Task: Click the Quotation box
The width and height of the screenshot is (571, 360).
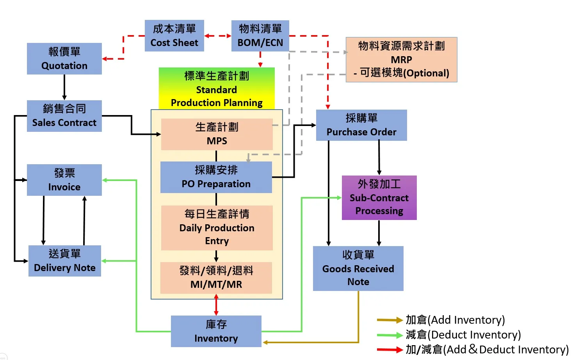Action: click(x=64, y=59)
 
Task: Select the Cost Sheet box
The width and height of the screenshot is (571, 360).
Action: click(x=174, y=35)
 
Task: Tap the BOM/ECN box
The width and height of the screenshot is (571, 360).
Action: click(x=260, y=35)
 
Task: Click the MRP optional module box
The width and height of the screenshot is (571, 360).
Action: click(x=401, y=60)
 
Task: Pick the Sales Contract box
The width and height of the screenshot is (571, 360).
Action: click(x=64, y=116)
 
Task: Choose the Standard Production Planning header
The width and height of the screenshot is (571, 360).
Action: click(x=217, y=89)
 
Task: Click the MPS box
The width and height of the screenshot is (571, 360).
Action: click(x=217, y=134)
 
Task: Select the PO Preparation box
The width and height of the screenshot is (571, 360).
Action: click(x=216, y=177)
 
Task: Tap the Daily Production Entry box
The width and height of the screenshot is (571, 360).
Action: click(x=217, y=228)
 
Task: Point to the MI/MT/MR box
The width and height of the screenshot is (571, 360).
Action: click(x=216, y=278)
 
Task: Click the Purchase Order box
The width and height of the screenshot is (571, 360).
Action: click(x=361, y=125)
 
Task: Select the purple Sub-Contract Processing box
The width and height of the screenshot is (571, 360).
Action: click(x=379, y=198)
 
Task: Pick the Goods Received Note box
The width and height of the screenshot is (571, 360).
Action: click(x=358, y=268)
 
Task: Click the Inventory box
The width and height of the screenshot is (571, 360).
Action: click(x=216, y=331)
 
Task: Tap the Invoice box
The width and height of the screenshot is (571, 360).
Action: click(x=64, y=180)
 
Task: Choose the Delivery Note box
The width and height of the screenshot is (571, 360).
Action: click(x=65, y=261)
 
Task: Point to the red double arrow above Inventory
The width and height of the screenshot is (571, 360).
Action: click(x=216, y=305)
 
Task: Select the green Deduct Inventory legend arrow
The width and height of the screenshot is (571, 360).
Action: click(x=390, y=335)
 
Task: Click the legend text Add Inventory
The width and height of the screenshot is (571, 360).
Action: click(x=455, y=320)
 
